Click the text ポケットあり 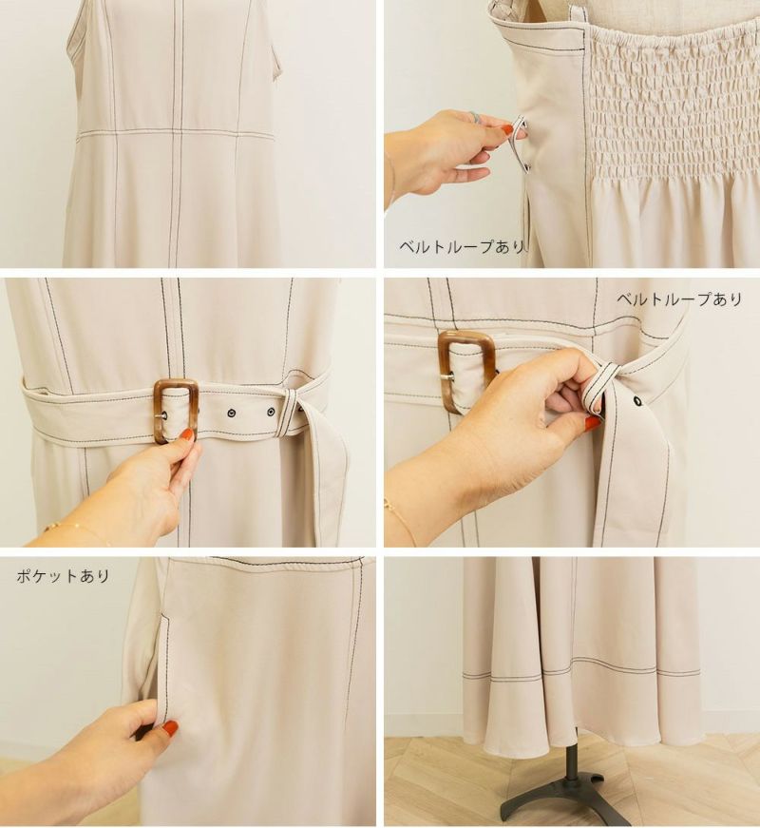pos(63,575)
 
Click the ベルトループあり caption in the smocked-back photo pos(462,246)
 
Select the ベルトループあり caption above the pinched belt pos(680,299)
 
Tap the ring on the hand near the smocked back pos(476,117)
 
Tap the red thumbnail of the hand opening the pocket pos(170,727)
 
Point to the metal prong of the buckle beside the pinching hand pos(449,376)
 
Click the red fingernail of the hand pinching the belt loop pos(592,421)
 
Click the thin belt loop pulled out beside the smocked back pos(521,144)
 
